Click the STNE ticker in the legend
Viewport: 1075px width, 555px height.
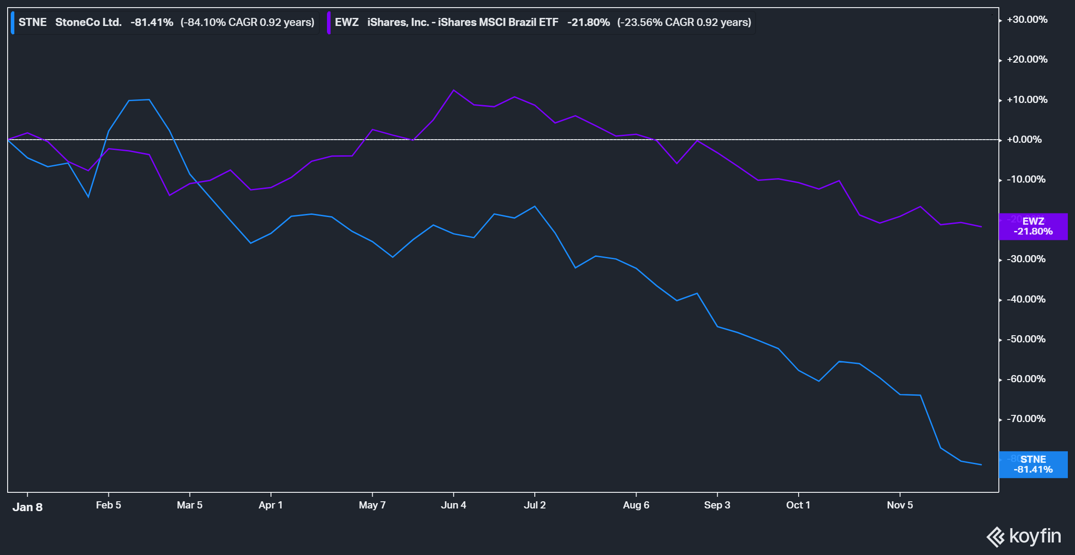32,22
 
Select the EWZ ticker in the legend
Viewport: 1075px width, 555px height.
347,22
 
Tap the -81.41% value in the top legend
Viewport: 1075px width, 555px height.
152,22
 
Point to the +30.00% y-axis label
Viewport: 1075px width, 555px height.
1027,20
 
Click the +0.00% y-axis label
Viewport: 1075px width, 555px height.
1024,140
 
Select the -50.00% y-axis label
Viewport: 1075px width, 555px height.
1026,339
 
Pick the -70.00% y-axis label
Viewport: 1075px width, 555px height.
1026,419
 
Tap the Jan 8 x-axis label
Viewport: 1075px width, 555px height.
27,507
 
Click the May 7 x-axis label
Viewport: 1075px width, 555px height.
372,505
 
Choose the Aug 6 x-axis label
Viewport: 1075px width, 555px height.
636,505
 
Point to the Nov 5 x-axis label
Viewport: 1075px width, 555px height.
899,505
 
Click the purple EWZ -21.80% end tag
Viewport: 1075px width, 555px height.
1033,226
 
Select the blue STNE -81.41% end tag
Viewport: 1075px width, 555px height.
1033,465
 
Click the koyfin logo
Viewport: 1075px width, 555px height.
1024,536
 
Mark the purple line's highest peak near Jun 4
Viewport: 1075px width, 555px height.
454,90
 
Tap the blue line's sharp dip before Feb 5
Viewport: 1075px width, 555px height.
88,196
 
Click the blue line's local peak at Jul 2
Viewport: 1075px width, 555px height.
535,206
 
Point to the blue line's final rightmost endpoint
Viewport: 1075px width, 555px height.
981,465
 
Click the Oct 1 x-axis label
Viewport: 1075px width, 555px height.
798,505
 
